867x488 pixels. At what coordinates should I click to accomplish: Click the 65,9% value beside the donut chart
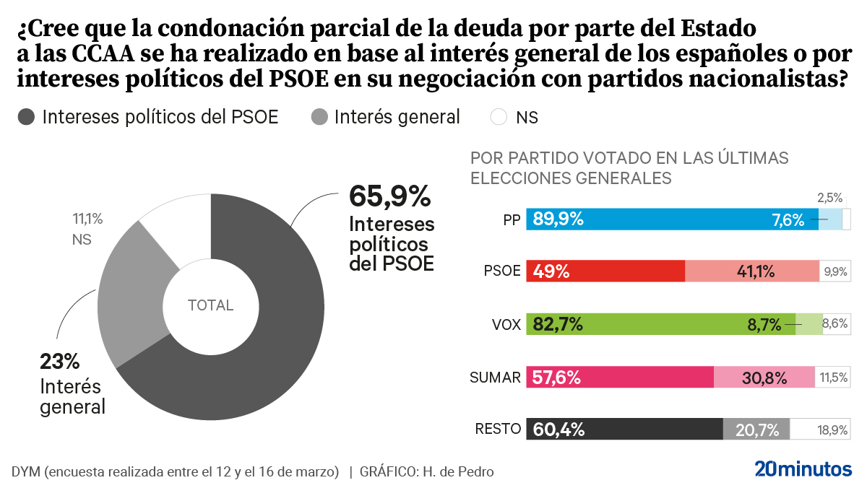click(389, 196)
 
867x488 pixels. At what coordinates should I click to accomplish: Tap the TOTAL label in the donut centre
click(210, 305)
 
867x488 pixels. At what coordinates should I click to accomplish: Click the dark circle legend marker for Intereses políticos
click(27, 117)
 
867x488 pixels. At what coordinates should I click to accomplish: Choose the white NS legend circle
click(499, 117)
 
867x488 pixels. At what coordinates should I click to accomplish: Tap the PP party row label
click(512, 220)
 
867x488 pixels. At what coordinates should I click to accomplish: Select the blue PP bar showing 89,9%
click(672, 219)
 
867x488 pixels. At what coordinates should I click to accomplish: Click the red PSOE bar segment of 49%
click(605, 271)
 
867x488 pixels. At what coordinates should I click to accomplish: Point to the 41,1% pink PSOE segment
click(752, 271)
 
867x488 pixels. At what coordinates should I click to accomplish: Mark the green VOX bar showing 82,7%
click(661, 324)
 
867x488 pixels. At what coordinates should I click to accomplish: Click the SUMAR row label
click(495, 377)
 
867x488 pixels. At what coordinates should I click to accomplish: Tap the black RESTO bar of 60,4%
click(625, 430)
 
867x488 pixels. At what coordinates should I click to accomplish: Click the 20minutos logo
click(803, 469)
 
